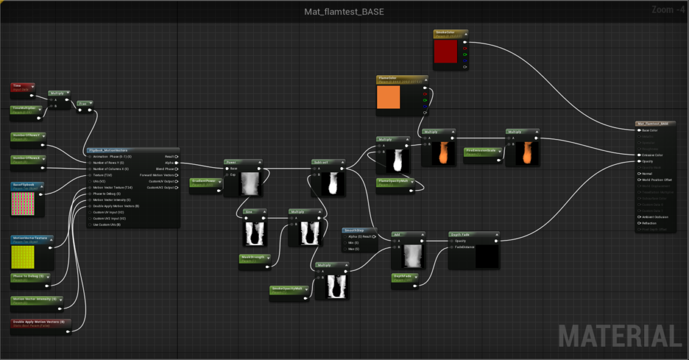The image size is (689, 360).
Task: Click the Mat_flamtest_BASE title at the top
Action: [x=344, y=11]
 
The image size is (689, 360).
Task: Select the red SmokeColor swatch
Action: [x=446, y=52]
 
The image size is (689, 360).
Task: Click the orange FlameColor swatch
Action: [x=388, y=96]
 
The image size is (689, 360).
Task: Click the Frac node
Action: [x=85, y=104]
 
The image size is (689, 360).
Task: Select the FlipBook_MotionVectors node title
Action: [x=109, y=150]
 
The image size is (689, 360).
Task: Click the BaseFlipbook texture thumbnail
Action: [x=23, y=203]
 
